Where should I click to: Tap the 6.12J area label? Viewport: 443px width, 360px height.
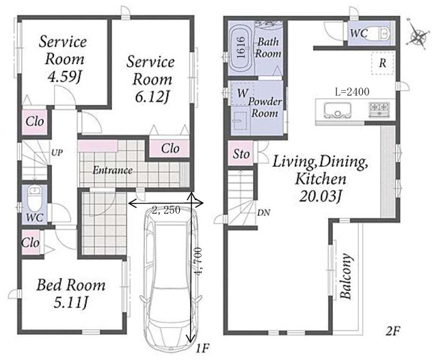(152, 98)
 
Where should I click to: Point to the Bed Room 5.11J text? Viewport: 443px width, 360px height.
(70, 294)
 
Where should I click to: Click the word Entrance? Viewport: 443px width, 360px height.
(112, 170)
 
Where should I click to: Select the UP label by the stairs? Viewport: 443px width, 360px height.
(57, 153)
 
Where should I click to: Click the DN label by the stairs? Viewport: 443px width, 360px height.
(263, 213)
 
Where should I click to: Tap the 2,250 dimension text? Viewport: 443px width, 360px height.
(166, 210)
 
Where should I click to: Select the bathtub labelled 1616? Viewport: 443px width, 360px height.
(242, 47)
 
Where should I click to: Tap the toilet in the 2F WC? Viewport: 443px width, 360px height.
(381, 33)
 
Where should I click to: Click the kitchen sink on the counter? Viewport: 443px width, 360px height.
(337, 110)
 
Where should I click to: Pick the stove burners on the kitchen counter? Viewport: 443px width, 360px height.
(379, 109)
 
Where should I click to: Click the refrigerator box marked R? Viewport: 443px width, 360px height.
(383, 64)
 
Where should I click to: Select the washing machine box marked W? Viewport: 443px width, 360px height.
(243, 93)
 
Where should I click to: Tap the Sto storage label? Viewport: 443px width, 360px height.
(241, 154)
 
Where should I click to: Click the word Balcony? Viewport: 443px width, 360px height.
(346, 277)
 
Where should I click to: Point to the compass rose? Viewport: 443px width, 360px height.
(418, 35)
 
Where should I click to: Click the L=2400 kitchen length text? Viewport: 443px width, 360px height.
(352, 92)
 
